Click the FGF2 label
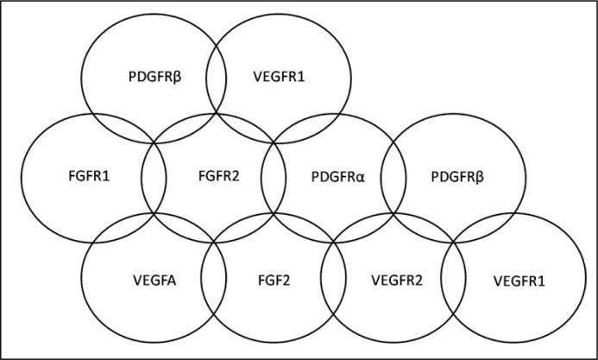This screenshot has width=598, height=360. pos(273,280)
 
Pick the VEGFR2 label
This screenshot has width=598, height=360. pos(393,280)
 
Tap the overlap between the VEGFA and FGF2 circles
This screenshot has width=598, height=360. pos(213,280)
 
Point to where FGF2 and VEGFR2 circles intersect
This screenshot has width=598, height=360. pos(333,280)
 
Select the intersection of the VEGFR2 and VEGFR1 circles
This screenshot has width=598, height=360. pos(454,280)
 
